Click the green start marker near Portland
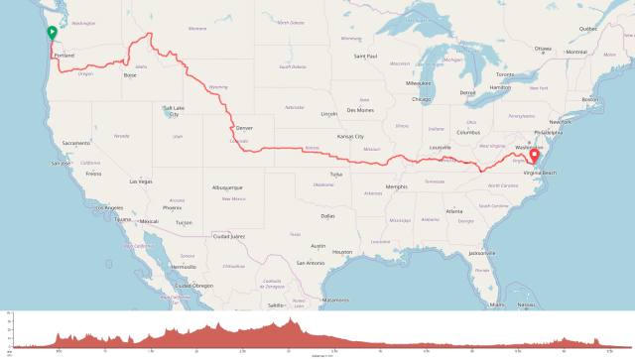point(52,34)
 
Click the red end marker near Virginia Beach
point(534,155)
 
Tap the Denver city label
point(244,128)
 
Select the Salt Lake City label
point(174,111)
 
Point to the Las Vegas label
point(141,181)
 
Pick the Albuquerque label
point(227,186)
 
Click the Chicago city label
point(421,99)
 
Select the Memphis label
point(397,186)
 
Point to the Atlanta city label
point(455,211)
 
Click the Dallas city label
point(328,215)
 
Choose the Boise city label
point(129,75)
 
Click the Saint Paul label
point(366,57)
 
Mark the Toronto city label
point(506,74)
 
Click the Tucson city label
point(184,222)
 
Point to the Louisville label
point(441,148)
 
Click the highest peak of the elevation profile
point(289,319)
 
